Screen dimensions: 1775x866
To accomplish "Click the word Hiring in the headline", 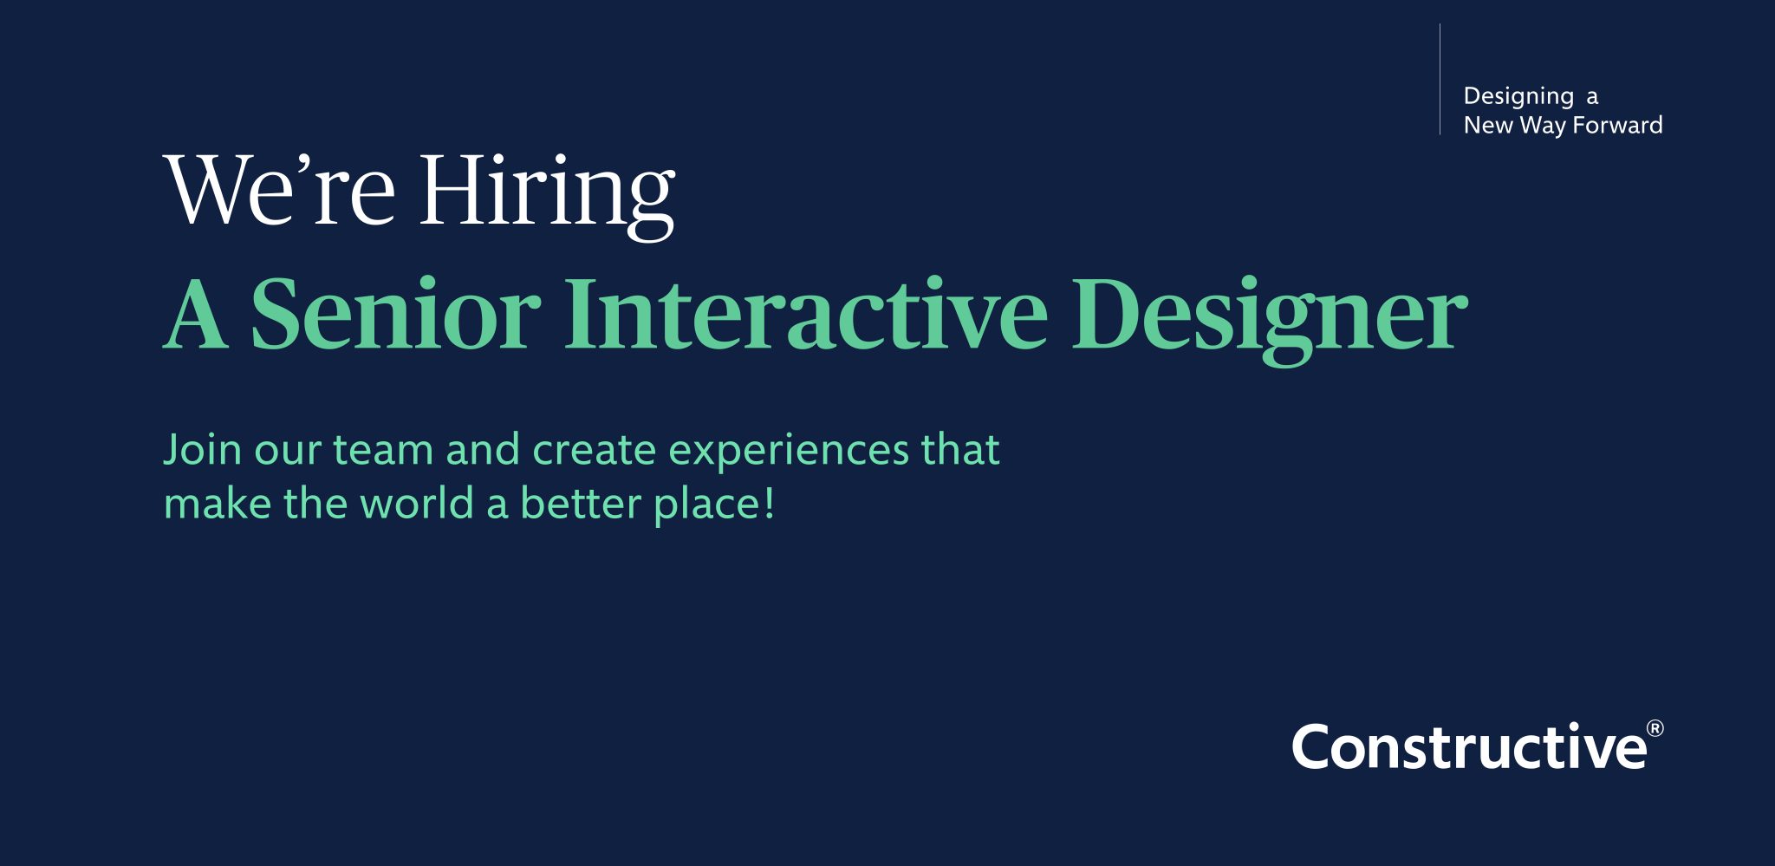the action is (x=547, y=194).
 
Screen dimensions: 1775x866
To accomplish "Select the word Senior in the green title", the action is (x=395, y=314).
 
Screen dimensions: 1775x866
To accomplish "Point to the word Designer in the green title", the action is (x=1271, y=319).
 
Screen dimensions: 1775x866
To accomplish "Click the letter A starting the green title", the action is (x=196, y=314).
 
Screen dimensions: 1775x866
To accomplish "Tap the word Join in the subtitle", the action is (x=203, y=450).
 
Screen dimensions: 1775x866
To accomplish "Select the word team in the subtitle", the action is (x=383, y=451).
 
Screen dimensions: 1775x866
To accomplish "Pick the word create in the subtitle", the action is (x=594, y=451).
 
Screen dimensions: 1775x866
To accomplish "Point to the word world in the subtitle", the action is (x=417, y=504).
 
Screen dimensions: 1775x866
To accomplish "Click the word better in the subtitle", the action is (x=580, y=504).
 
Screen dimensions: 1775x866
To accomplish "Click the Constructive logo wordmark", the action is (x=1470, y=746).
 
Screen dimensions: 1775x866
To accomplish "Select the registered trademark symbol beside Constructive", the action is (x=1655, y=728).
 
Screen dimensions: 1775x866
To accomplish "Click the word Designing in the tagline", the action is (x=1518, y=97).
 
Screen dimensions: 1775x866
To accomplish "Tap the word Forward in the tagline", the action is (x=1617, y=125).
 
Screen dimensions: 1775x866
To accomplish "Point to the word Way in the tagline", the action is (x=1543, y=127).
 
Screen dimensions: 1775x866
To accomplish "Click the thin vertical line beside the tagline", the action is (x=1440, y=79).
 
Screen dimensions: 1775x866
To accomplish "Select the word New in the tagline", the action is (x=1488, y=125).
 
